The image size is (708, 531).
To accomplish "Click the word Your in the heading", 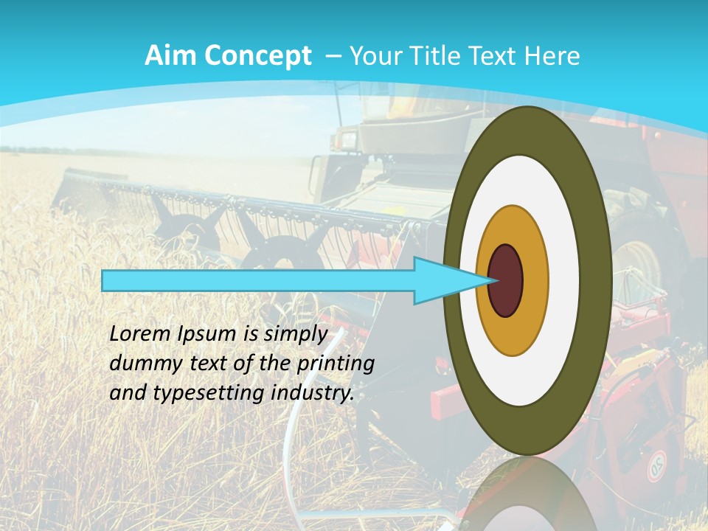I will click(375, 56).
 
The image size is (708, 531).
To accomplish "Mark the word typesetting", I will click(206, 394).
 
